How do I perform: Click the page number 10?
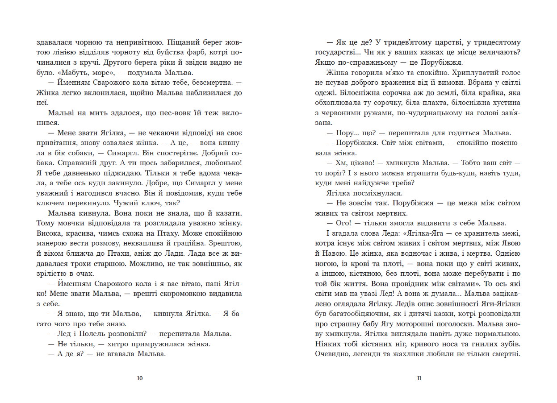pos(140,378)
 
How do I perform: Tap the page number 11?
pos(419,378)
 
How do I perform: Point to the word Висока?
pos(47,233)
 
